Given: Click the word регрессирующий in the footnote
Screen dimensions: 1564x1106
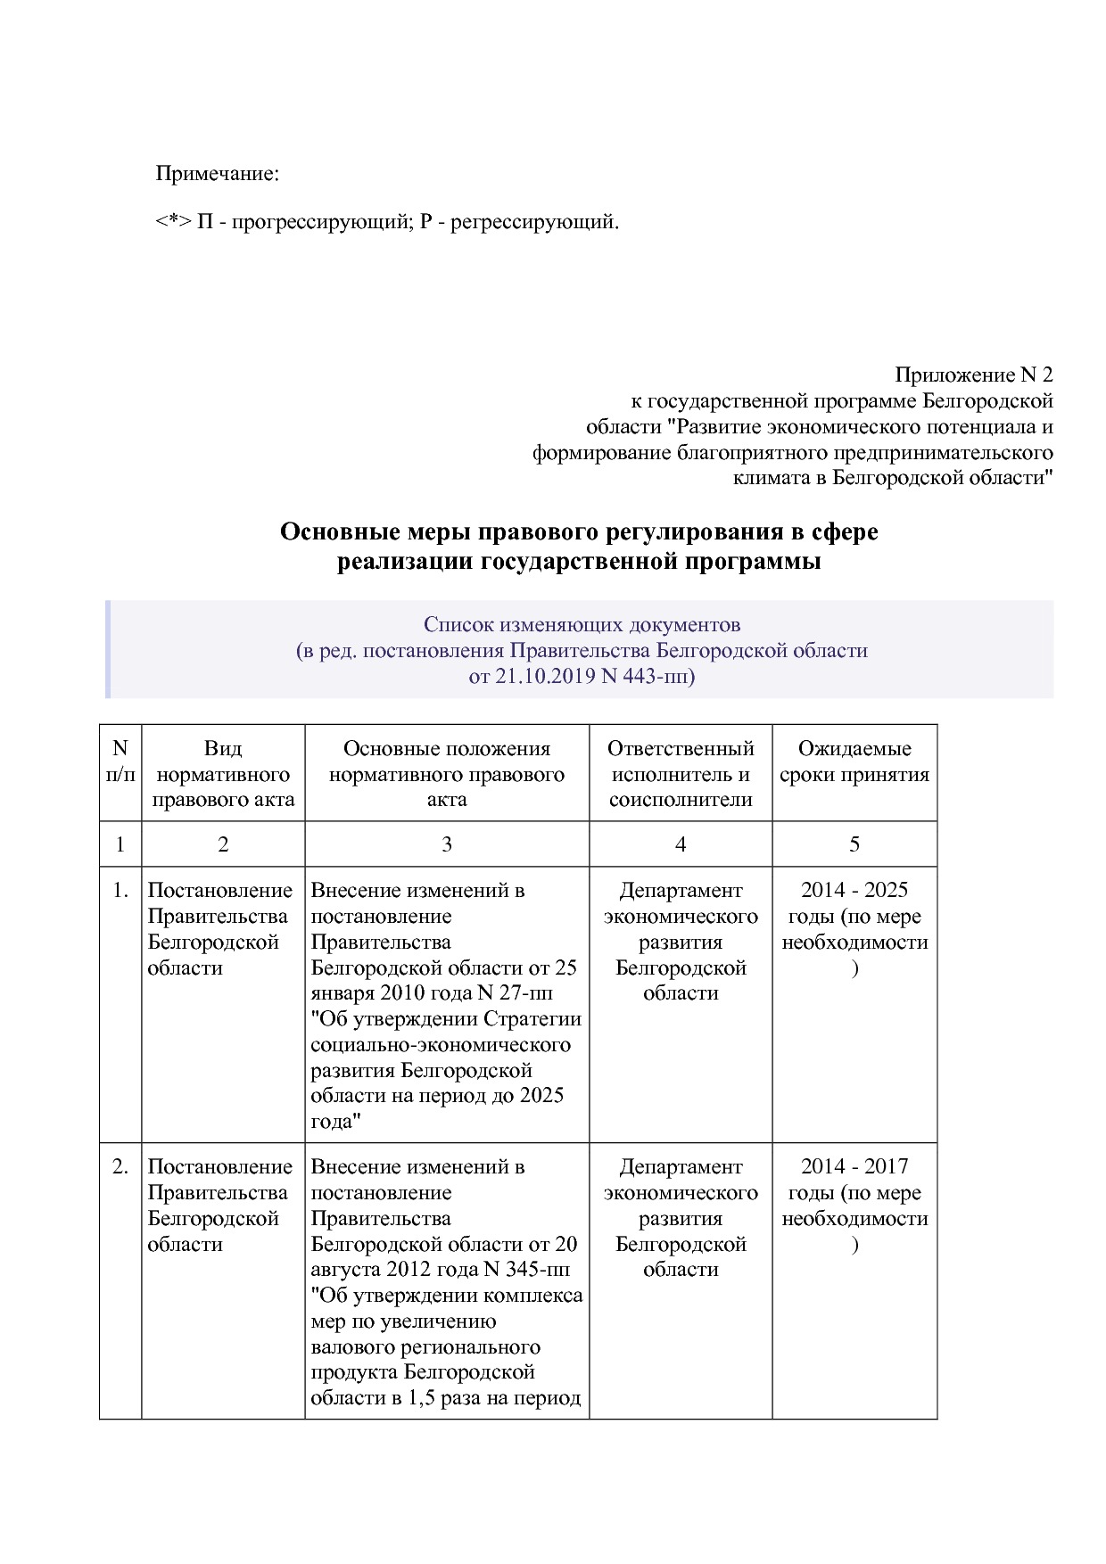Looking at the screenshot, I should (532, 221).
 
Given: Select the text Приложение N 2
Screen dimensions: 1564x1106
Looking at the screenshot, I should (973, 375).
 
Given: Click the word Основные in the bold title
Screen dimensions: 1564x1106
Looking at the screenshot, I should (333, 532).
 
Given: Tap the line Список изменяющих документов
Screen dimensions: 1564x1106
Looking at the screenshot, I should (582, 624).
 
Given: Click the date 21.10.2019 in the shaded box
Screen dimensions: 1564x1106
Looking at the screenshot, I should (546, 676).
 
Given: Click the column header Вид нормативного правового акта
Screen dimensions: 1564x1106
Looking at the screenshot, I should (223, 773).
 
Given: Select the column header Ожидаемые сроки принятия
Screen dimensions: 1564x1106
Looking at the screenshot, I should (854, 761).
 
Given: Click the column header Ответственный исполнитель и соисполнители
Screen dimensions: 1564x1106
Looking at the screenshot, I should (680, 773).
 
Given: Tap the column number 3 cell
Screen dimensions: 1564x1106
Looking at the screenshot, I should (446, 844).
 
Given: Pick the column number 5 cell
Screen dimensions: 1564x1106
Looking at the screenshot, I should (854, 844).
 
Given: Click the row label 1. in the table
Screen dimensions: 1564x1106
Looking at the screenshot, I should (120, 890).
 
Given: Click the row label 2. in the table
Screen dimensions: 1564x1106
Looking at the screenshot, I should (120, 1166).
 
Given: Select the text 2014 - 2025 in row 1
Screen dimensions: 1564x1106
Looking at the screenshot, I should (854, 890).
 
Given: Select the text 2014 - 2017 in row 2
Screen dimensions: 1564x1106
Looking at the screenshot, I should (854, 1166).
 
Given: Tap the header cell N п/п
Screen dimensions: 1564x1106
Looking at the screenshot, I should (120, 761).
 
